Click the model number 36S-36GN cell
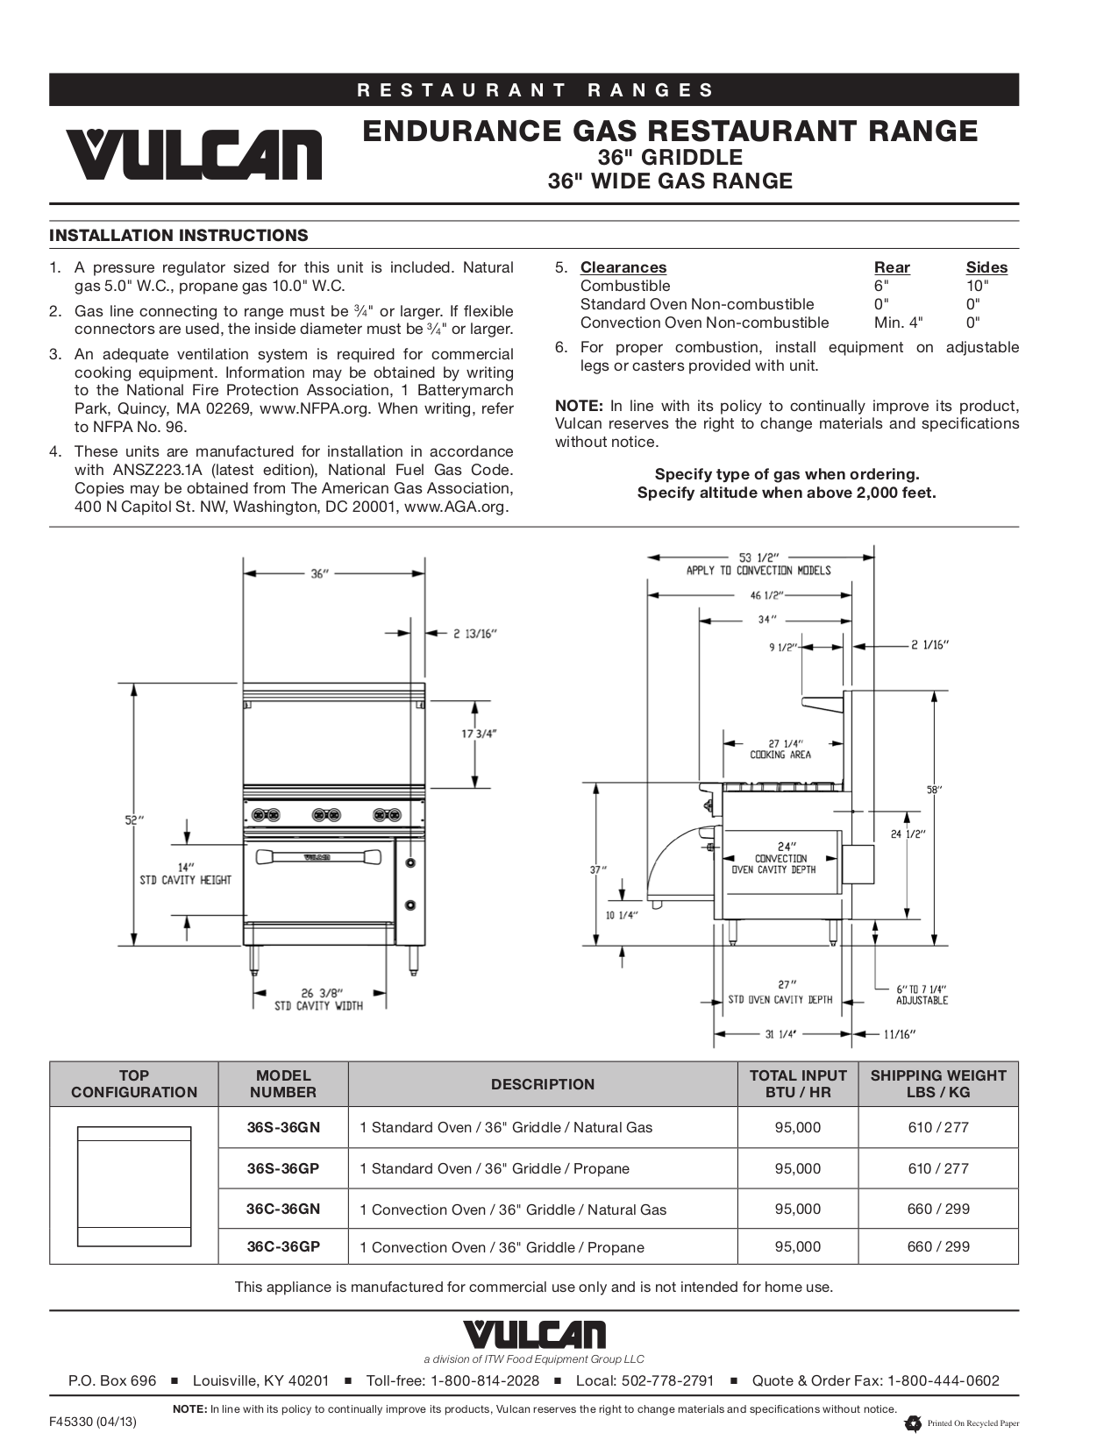283,1127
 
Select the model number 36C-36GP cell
283,1246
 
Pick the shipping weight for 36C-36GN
937,1209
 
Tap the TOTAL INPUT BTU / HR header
797,1083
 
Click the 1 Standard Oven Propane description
494,1168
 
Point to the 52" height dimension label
133,820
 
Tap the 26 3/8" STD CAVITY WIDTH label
318,999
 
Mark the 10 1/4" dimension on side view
622,915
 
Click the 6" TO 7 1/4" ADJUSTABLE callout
921,994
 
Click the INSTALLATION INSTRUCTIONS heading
179,235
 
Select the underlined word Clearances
623,267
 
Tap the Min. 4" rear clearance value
898,322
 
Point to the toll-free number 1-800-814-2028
484,1380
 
